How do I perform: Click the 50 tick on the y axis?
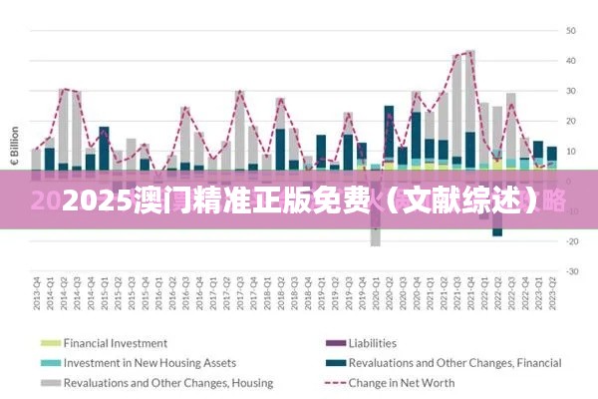click(572, 30)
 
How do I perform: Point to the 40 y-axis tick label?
click(572, 60)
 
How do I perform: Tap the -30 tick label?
click(571, 271)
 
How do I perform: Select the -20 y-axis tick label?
click(571, 241)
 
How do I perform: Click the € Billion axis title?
click(14, 146)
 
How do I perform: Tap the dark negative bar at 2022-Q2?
click(497, 230)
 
